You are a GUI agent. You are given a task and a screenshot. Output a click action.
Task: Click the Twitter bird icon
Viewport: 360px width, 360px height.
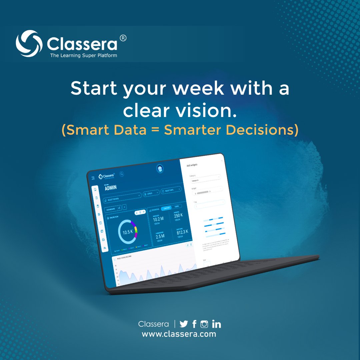click(x=184, y=324)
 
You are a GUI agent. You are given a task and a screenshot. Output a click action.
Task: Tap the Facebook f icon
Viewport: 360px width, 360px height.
click(x=194, y=324)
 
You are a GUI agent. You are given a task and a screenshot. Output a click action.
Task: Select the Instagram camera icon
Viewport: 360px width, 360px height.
click(x=204, y=324)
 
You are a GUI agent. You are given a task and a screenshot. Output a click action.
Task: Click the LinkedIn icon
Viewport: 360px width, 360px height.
click(x=216, y=324)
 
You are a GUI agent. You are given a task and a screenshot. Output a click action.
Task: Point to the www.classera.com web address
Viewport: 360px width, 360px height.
click(x=179, y=334)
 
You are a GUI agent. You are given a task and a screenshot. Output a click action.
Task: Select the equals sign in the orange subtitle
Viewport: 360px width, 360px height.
click(x=155, y=130)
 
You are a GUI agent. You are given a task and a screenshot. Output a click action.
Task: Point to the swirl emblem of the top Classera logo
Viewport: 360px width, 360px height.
click(x=29, y=44)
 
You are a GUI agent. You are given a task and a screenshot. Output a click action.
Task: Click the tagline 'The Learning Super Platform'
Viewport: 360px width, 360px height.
click(x=83, y=55)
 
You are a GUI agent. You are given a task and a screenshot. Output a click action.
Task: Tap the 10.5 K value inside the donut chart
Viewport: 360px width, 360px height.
click(x=127, y=232)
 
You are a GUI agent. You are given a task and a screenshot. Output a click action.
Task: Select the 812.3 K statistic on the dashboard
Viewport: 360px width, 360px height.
click(x=182, y=232)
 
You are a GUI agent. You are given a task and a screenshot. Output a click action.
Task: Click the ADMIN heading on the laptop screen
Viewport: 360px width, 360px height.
click(x=111, y=188)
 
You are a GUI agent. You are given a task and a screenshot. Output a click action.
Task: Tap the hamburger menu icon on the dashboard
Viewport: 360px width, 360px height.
click(x=93, y=178)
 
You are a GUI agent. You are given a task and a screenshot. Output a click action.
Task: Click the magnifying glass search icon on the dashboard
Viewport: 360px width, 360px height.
click(x=122, y=174)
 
